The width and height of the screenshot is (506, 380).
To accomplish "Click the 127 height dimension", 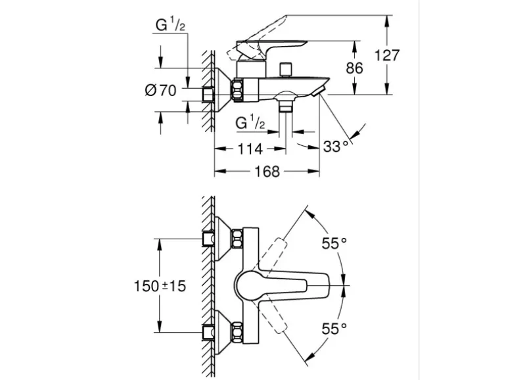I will pos(387,55).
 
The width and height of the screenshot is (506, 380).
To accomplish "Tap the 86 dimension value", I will pos(356,67).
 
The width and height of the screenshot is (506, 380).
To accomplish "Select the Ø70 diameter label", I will pos(161,90).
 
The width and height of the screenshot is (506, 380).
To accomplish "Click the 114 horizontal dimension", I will pos(250,149).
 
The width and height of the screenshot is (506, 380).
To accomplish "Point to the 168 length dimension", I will pos(266,172).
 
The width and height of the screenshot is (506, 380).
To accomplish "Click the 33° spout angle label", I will pos(336,147).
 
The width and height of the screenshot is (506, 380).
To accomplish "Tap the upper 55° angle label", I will pos(334,244).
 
